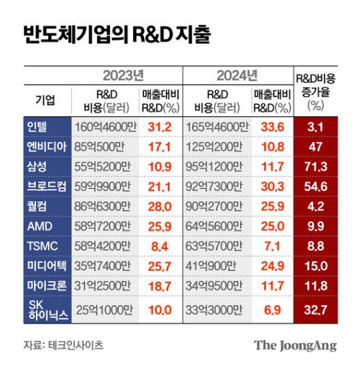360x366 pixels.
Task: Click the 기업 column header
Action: tap(46, 100)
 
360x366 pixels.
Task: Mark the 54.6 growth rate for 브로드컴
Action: tap(314, 185)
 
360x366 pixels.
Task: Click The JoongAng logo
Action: tap(295, 345)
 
